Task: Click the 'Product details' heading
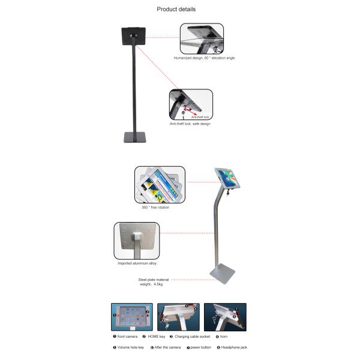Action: pyautogui.click(x=176, y=9)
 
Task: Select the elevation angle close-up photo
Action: pyautogui.click(x=202, y=38)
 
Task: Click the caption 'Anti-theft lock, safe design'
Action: pyautogui.click(x=190, y=124)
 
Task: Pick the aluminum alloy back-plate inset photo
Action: pyautogui.click(x=137, y=241)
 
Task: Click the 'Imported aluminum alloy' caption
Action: pyautogui.click(x=137, y=263)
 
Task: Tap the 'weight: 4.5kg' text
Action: pyautogui.click(x=150, y=285)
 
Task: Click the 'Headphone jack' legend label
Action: pyautogui.click(x=233, y=347)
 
